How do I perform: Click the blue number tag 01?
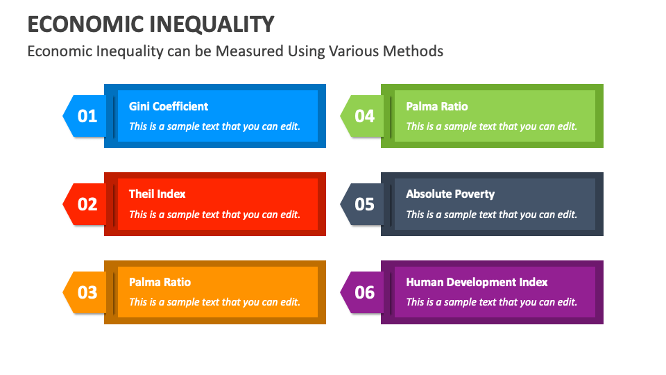pyautogui.click(x=87, y=116)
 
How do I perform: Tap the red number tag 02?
pyautogui.click(x=87, y=204)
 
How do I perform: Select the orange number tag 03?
pyautogui.click(x=87, y=292)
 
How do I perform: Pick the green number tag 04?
pyautogui.click(x=364, y=116)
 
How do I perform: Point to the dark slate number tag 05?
pyautogui.click(x=364, y=204)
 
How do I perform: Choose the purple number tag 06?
pyautogui.click(x=364, y=292)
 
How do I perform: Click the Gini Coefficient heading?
pyautogui.click(x=169, y=106)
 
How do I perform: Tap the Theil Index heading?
pyautogui.click(x=157, y=194)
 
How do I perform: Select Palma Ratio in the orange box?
pyautogui.click(x=160, y=283)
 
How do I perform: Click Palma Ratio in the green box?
pyautogui.click(x=437, y=106)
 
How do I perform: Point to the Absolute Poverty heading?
pyautogui.click(x=450, y=194)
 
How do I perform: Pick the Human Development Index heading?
pyautogui.click(x=477, y=283)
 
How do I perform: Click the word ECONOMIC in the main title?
pyautogui.click(x=85, y=24)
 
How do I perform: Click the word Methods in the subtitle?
pyautogui.click(x=415, y=51)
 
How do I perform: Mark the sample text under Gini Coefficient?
pyautogui.click(x=214, y=126)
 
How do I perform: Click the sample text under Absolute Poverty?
pyautogui.click(x=491, y=215)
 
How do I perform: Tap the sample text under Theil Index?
pyautogui.click(x=214, y=215)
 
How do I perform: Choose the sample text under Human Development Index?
pyautogui.click(x=491, y=302)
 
